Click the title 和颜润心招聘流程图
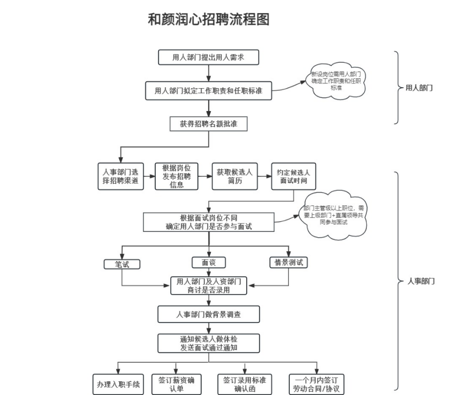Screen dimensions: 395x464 click(x=208, y=20)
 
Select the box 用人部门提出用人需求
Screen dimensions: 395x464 click(x=208, y=57)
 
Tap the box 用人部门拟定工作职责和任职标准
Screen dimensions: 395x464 click(x=208, y=91)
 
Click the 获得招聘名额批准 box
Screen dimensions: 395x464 click(x=209, y=124)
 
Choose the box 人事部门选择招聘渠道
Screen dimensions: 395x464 click(x=121, y=176)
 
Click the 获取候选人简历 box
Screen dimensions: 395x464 click(x=234, y=176)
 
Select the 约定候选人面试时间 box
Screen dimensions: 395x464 click(x=293, y=176)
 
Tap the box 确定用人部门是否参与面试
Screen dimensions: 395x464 click(x=209, y=222)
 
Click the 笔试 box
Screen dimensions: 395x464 click(x=122, y=264)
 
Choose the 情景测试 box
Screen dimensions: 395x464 click(x=288, y=263)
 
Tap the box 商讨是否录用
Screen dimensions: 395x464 click(x=209, y=286)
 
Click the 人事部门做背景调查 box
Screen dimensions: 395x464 click(x=208, y=314)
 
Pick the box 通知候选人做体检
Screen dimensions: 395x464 click(x=208, y=343)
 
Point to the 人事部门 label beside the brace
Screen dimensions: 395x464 click(x=421, y=282)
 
